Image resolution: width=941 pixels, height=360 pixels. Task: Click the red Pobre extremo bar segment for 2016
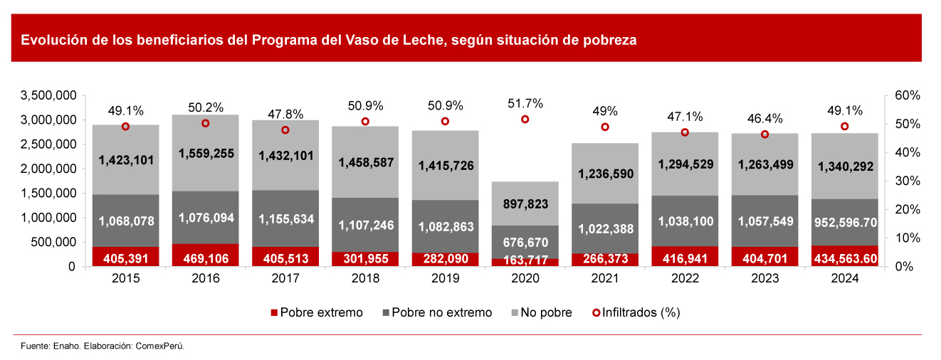click(206, 255)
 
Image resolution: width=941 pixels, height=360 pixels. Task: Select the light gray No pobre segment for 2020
click(525, 203)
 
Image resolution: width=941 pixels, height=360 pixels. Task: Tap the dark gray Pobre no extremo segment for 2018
click(365, 225)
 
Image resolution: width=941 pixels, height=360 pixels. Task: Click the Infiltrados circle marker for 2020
click(525, 120)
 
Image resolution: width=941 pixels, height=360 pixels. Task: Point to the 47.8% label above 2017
click(285, 114)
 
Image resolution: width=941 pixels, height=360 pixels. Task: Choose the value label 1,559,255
click(206, 153)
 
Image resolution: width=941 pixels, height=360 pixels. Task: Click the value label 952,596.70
click(845, 222)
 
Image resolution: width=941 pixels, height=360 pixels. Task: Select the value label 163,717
click(525, 260)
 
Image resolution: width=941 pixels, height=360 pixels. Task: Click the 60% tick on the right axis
click(907, 95)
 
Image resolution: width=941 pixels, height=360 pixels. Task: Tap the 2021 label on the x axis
click(605, 280)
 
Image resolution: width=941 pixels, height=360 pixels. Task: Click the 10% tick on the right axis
click(907, 238)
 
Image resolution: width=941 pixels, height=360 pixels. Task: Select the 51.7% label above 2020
click(525, 104)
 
